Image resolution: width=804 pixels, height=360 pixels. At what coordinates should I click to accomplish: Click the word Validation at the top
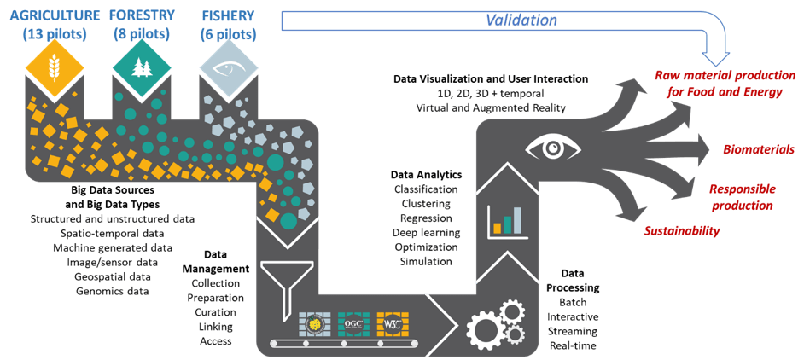tap(521, 19)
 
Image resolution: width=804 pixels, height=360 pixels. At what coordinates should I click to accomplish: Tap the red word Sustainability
tap(681, 231)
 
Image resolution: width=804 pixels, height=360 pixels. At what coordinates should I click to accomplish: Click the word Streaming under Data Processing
tap(572, 331)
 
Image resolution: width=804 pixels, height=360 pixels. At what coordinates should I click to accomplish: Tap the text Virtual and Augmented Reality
tap(490, 107)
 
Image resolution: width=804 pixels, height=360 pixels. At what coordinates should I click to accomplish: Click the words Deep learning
tap(426, 233)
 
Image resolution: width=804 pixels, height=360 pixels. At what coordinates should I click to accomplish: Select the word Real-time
tap(572, 345)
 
